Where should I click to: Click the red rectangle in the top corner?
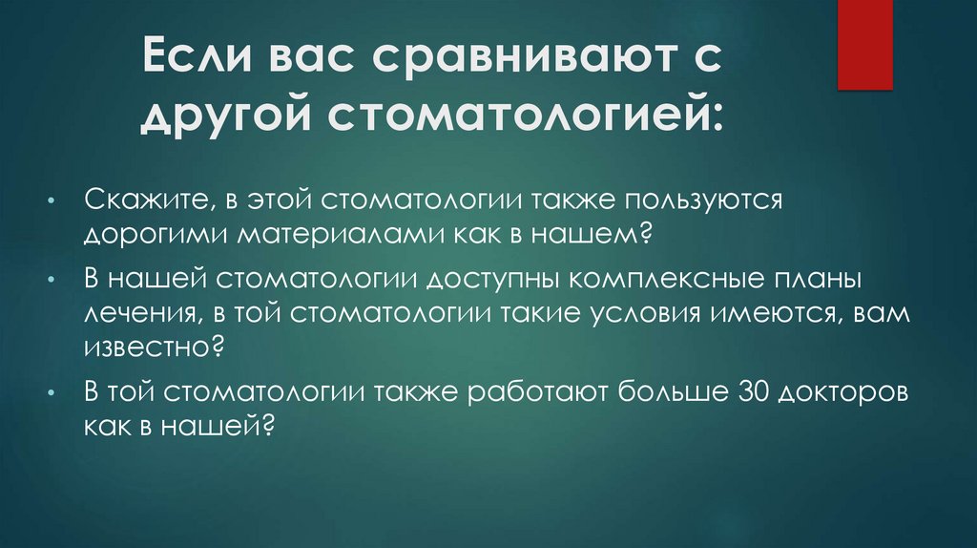(x=864, y=44)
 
